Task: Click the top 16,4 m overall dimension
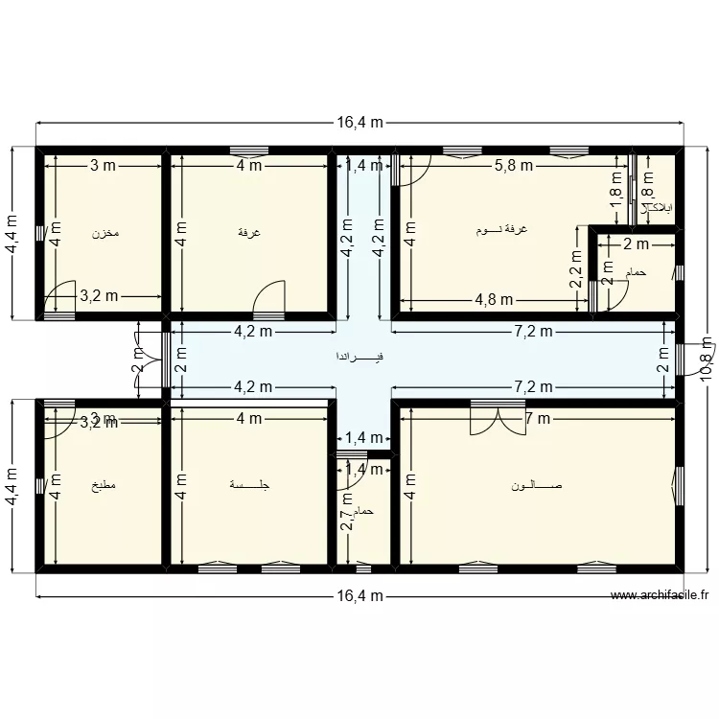point(359,124)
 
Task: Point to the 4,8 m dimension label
point(492,299)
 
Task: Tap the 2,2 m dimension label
point(576,270)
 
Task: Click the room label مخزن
point(104,234)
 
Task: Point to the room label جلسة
point(251,485)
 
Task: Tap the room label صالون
point(538,485)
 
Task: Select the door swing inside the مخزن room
point(59,295)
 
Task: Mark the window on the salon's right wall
point(679,483)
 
